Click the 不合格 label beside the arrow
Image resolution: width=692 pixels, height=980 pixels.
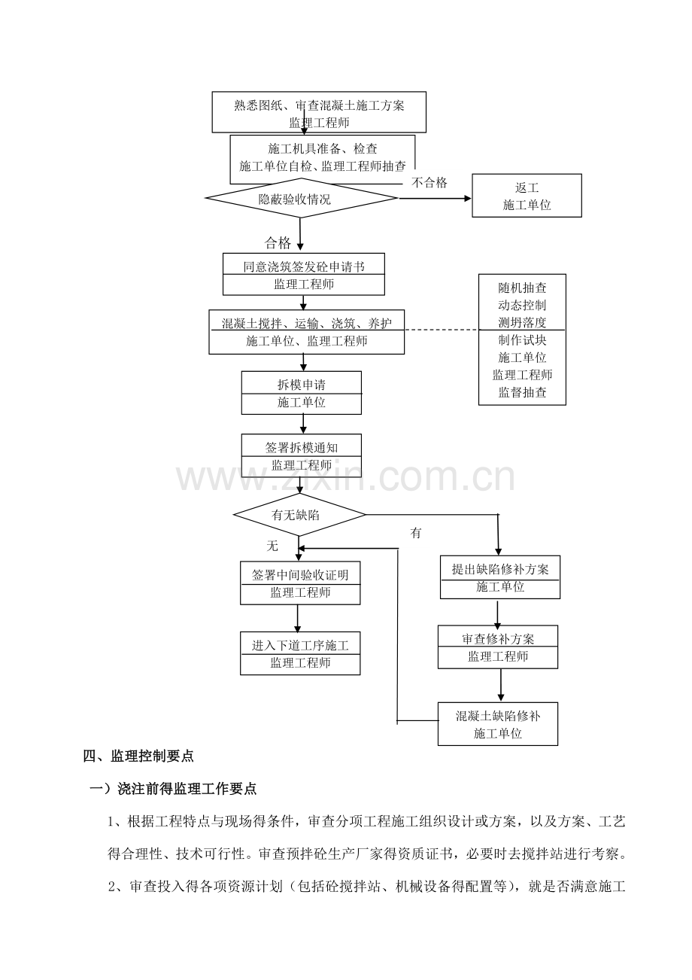pos(429,182)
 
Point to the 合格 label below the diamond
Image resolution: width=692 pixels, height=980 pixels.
pos(278,242)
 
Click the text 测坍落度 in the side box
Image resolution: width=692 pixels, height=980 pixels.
pos(522,322)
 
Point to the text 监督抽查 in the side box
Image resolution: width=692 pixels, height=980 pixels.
pos(522,392)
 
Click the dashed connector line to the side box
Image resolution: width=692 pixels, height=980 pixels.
pos(442,330)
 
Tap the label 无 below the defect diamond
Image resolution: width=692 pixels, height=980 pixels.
pos(272,546)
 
